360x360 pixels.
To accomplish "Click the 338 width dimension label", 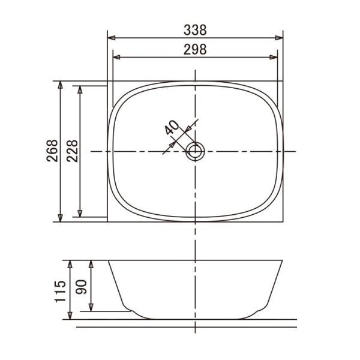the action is coord(195,30).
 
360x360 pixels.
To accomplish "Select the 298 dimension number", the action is coord(195,49).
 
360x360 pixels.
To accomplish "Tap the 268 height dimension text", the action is coord(52,151).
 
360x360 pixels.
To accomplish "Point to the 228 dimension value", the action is coord(73,151).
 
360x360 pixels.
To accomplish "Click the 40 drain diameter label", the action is coord(172,127).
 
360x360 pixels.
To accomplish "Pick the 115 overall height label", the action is coord(60,291).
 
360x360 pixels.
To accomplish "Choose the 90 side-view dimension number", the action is coord(81,287).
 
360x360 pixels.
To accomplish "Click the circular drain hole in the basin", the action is coord(195,151).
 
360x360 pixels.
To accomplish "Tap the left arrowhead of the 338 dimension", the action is coord(112,38).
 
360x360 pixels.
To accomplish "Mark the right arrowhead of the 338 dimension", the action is coord(279,38).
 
